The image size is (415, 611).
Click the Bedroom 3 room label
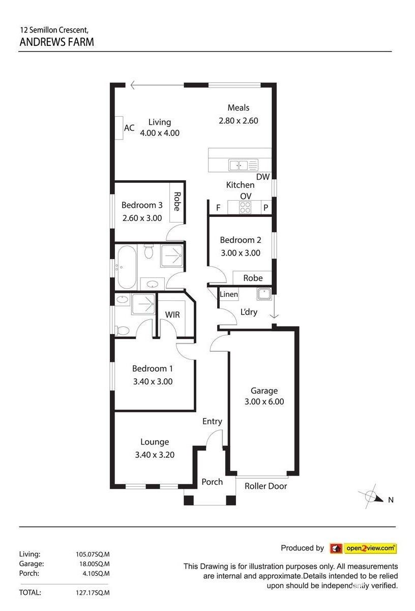(142, 205)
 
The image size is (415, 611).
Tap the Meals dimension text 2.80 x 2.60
(239, 121)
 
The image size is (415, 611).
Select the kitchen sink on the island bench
(243, 165)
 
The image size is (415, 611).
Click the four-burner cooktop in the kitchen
(245, 207)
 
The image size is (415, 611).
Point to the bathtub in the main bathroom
(127, 267)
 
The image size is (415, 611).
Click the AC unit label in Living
(129, 128)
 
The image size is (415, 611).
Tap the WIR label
(172, 315)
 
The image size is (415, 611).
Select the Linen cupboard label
(229, 294)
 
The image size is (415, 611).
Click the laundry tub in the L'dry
(264, 294)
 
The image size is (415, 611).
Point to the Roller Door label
(265, 486)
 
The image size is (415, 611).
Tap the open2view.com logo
(363, 548)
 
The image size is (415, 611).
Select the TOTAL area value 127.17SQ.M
(93, 593)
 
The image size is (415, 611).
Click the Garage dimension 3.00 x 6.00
(264, 402)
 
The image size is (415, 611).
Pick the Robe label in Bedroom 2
(253, 278)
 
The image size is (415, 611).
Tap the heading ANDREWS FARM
(56, 42)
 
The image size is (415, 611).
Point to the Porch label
(212, 482)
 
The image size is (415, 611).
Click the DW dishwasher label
(263, 177)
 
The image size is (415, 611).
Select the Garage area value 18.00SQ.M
(94, 564)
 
